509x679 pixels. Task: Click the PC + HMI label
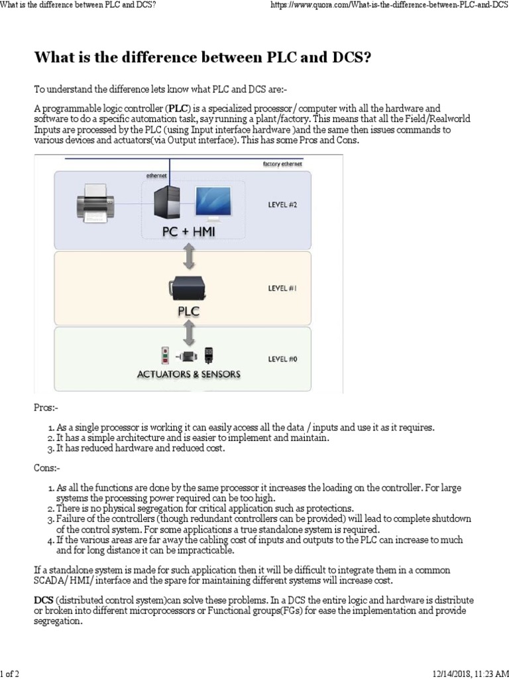click(x=188, y=233)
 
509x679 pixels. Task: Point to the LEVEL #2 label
click(x=283, y=205)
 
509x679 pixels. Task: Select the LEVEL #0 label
click(x=283, y=359)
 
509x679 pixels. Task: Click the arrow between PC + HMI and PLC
click(x=188, y=255)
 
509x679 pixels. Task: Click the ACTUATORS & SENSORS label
click(x=188, y=374)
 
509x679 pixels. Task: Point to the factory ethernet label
click(x=283, y=164)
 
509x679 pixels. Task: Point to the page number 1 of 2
click(x=10, y=673)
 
